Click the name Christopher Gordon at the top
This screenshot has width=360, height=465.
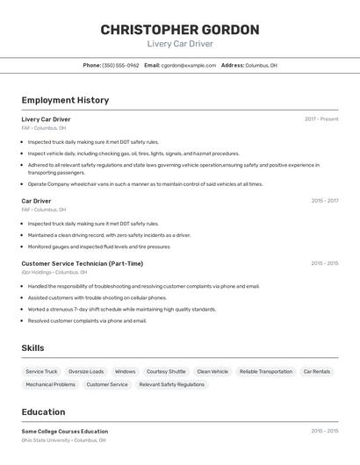(180, 29)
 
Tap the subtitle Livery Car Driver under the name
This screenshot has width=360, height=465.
(180, 44)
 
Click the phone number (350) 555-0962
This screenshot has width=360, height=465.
(120, 65)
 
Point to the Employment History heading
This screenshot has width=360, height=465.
(65, 100)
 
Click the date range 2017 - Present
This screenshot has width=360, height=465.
(321, 119)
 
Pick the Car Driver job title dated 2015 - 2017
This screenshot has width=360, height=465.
(36, 201)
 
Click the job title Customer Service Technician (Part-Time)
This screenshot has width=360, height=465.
(82, 263)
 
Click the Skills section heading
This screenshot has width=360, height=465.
(32, 348)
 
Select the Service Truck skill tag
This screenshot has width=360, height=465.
(41, 371)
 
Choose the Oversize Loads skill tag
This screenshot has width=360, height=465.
(86, 371)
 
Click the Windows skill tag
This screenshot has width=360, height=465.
(125, 371)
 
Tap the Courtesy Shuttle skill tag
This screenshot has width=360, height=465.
(166, 371)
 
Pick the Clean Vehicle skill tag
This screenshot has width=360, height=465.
(212, 371)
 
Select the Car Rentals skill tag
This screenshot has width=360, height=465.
(317, 371)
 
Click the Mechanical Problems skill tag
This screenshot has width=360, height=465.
(50, 384)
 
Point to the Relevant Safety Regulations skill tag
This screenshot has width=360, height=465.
(171, 384)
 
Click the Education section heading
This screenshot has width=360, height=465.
(43, 411)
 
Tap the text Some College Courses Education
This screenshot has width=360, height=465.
(65, 432)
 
